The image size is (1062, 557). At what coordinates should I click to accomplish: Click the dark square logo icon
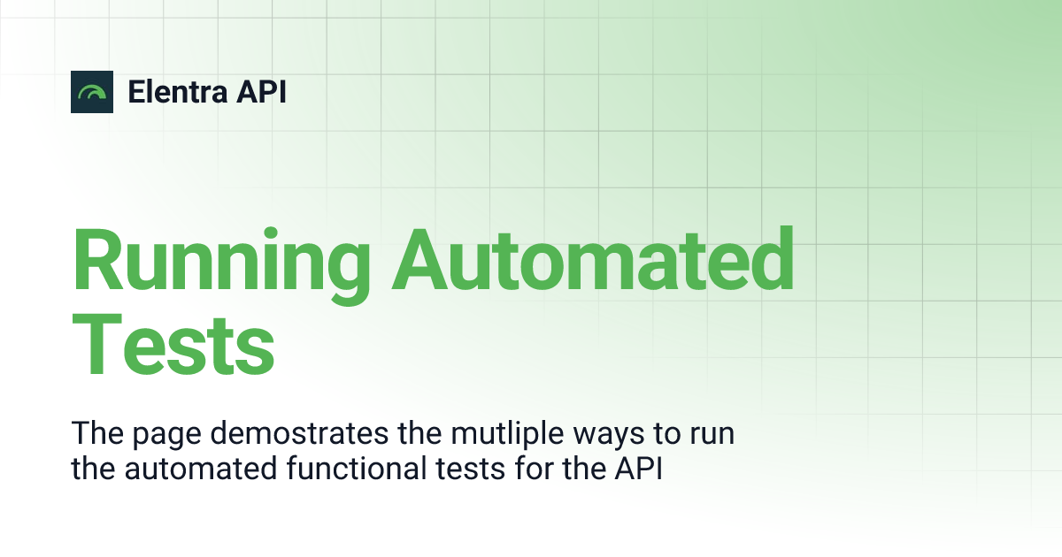click(92, 92)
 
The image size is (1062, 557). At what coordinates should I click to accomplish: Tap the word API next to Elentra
click(262, 92)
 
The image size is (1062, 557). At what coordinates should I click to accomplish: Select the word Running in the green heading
click(220, 261)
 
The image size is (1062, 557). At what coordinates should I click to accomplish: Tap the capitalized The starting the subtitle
click(96, 434)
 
